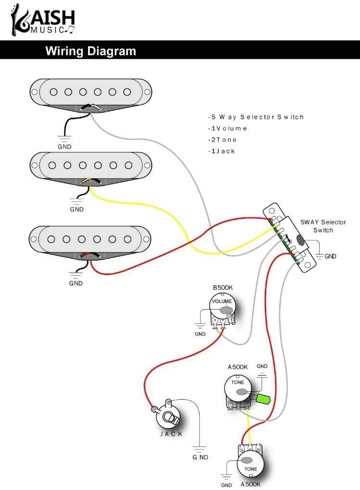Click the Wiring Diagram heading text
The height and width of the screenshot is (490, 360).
(90, 51)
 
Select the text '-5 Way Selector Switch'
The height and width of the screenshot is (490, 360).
(256, 117)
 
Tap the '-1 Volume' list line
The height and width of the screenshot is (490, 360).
(227, 128)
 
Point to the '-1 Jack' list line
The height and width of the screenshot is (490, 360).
(222, 151)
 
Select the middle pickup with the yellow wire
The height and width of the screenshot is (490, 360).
(91, 166)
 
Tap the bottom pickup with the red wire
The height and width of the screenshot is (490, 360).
(91, 239)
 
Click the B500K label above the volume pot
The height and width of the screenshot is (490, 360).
(223, 288)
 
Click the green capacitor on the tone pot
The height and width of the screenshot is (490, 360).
(263, 399)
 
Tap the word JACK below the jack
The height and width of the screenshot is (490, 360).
(171, 434)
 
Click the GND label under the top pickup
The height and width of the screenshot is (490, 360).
(64, 147)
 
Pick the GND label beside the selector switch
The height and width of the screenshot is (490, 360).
(330, 256)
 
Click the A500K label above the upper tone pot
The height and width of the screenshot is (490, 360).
(237, 367)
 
